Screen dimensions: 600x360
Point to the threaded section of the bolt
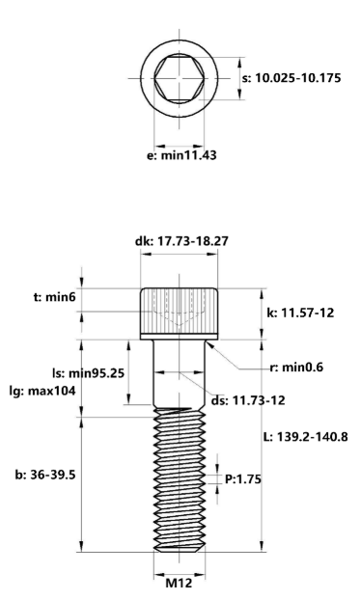pyautogui.click(x=180, y=477)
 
